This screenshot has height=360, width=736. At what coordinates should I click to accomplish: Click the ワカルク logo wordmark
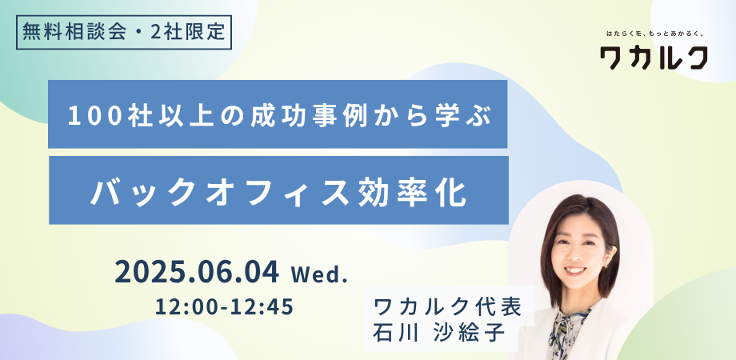pyautogui.click(x=654, y=58)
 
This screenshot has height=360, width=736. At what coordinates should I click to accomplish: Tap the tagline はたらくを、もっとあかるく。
pyautogui.click(x=654, y=34)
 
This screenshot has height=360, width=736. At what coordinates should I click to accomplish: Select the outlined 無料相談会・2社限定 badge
pyautogui.click(x=124, y=33)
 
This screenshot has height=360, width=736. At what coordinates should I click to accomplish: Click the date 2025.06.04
pyautogui.click(x=197, y=272)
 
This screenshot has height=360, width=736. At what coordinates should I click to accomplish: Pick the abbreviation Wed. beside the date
pyautogui.click(x=319, y=274)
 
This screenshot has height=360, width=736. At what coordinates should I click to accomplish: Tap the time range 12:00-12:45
pyautogui.click(x=225, y=307)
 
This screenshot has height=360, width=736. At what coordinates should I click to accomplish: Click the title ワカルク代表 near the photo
pyautogui.click(x=447, y=308)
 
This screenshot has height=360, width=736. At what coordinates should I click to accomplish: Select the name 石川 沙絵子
pyautogui.click(x=438, y=334)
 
